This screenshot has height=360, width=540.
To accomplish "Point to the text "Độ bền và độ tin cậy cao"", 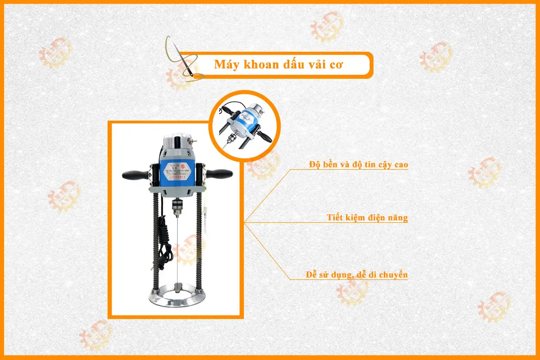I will click(x=359, y=165).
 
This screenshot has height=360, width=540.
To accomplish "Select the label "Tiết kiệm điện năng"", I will click(x=367, y=218).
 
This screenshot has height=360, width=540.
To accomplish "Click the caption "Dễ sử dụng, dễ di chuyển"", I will click(x=355, y=274).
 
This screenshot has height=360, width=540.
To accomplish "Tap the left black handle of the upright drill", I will click(x=134, y=174).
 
